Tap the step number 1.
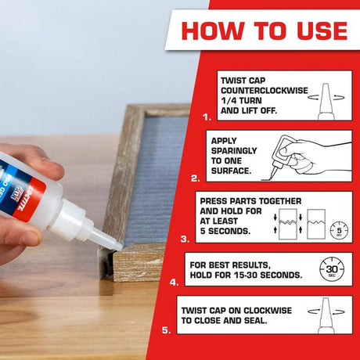click(x=207, y=117)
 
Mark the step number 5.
click(x=166, y=330)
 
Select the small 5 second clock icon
click(x=338, y=231)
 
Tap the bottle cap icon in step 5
click(x=328, y=315)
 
